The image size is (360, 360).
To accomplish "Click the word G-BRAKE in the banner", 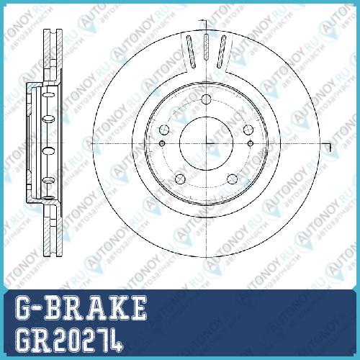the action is pyautogui.click(x=81, y=308).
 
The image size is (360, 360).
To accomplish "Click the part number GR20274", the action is pyautogui.click(x=69, y=341).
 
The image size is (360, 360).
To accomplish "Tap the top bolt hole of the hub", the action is pyautogui.click(x=206, y=99).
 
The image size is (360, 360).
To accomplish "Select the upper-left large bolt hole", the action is pyautogui.click(x=164, y=130).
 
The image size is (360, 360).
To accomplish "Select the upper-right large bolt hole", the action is pyautogui.click(x=248, y=130).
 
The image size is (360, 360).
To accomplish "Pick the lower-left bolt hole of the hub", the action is pyautogui.click(x=180, y=179).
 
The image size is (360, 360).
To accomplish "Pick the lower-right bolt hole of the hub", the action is pyautogui.click(x=232, y=179).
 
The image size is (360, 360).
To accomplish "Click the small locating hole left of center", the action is pyautogui.click(x=162, y=143).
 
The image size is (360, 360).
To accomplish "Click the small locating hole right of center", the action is pyautogui.click(x=251, y=143).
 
